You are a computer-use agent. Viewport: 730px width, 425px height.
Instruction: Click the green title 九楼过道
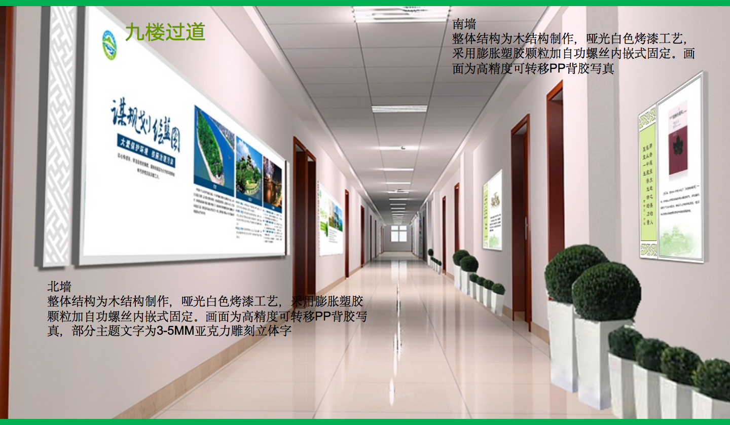165,32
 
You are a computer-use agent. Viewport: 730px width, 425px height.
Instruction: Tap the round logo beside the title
109,45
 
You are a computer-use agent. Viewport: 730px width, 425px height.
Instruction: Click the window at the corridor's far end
398,234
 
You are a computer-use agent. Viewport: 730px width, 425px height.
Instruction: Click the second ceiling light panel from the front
399,109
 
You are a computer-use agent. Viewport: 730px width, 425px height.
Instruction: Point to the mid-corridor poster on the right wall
492,210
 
